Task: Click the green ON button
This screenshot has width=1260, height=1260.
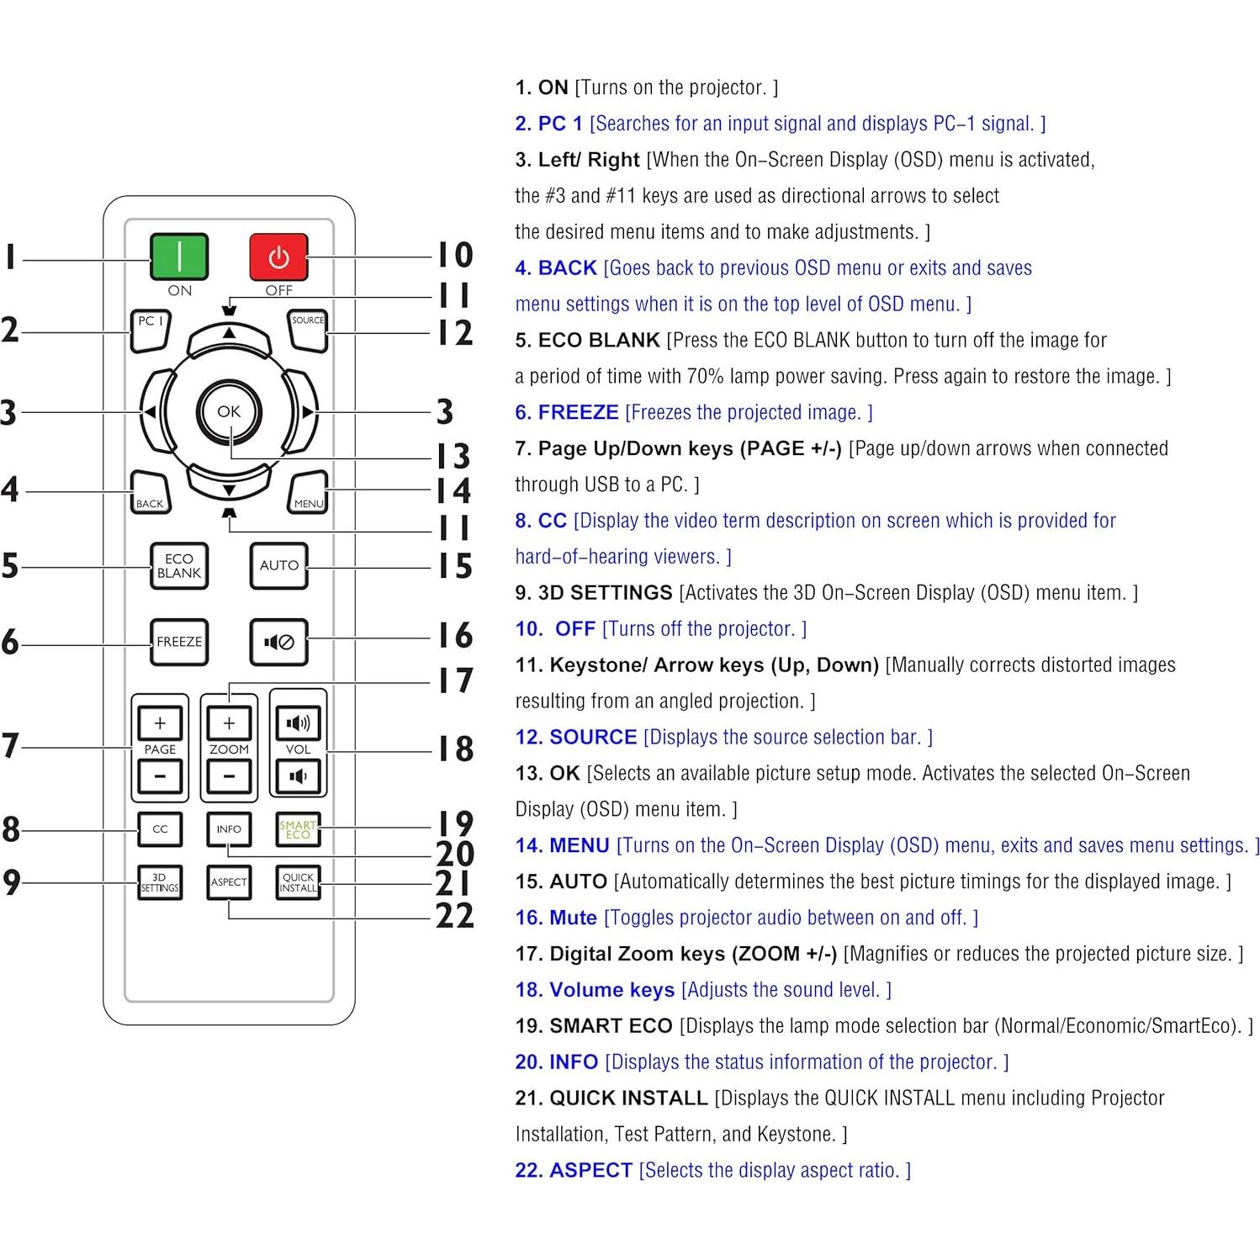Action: pyautogui.click(x=179, y=257)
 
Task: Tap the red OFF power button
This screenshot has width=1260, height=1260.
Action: pyautogui.click(x=278, y=257)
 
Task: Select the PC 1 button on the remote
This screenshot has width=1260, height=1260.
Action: pyautogui.click(x=151, y=330)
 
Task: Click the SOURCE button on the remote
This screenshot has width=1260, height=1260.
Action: pyautogui.click(x=308, y=330)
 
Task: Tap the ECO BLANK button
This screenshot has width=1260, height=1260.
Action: pyautogui.click(x=179, y=566)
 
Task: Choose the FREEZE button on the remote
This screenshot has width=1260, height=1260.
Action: pyautogui.click(x=179, y=642)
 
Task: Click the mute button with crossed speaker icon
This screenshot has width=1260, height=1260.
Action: pyautogui.click(x=278, y=642)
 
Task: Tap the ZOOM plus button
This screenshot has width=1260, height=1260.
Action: pyautogui.click(x=229, y=723)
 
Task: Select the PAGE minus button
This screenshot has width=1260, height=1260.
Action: pyautogui.click(x=160, y=776)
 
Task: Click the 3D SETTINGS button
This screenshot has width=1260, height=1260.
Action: pyautogui.click(x=160, y=882)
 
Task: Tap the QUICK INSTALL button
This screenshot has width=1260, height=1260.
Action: pyautogui.click(x=298, y=882)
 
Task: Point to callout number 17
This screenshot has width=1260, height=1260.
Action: pyautogui.click(x=455, y=680)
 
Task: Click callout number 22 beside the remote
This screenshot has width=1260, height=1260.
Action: pyautogui.click(x=455, y=916)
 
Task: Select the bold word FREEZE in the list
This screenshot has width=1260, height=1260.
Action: pyautogui.click(x=578, y=412)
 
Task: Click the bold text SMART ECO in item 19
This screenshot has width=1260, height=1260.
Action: pyautogui.click(x=611, y=1026)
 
